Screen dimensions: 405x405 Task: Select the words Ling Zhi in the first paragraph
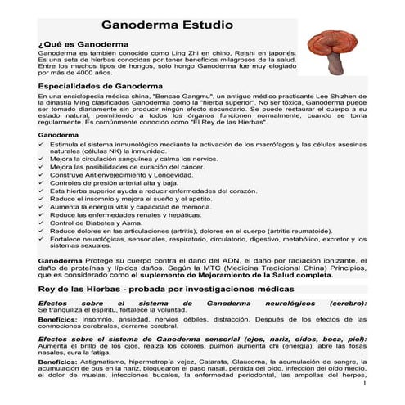click(176, 51)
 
